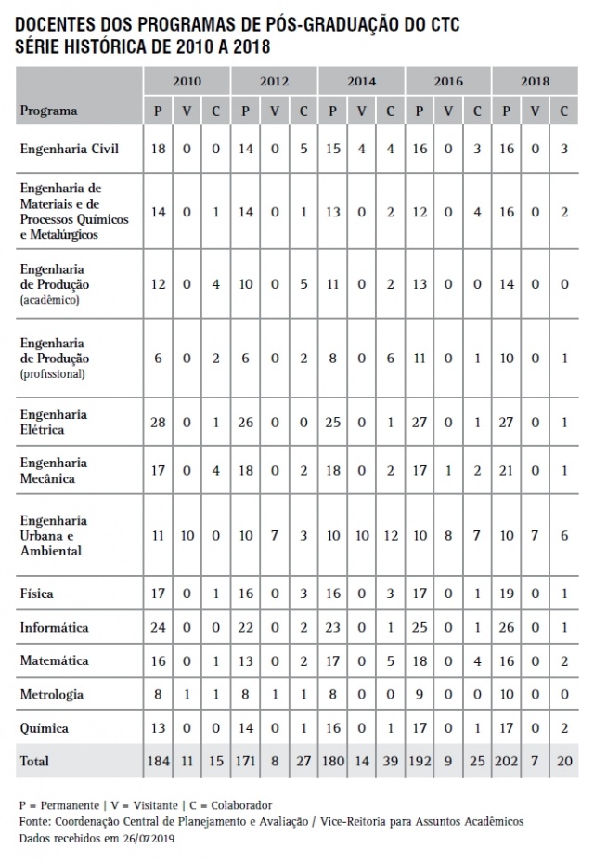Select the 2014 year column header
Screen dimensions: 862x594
coord(361,82)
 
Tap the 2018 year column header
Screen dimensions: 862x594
coord(535,82)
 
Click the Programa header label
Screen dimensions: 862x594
coord(48,111)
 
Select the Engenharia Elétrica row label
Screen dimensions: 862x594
coord(54,422)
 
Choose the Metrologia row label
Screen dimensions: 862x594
coord(52,694)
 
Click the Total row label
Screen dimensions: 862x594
coord(35,761)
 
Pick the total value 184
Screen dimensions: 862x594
coord(158,762)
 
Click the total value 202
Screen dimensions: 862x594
coord(506,762)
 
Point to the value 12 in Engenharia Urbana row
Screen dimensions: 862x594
coord(390,536)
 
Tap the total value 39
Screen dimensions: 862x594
coord(390,762)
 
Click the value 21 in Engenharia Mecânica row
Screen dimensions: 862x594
coord(506,471)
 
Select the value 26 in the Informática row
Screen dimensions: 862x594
coord(506,629)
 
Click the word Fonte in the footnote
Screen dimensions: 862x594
coord(33,821)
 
